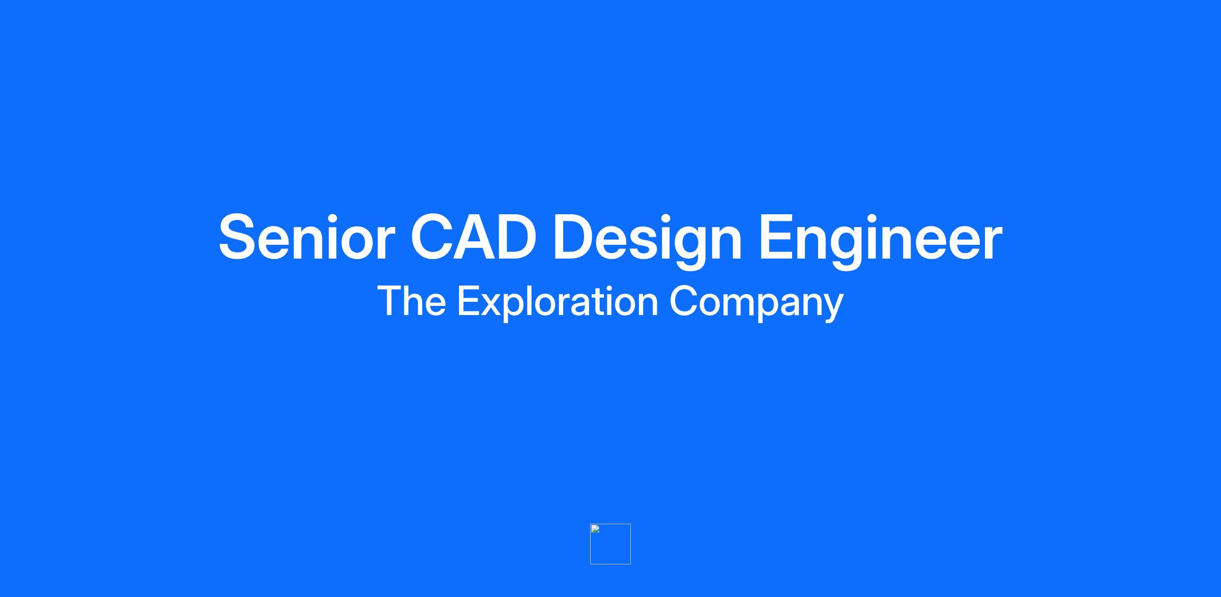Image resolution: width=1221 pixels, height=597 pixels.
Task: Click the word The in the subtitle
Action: [412, 301]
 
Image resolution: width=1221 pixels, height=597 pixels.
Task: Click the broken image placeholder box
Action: [610, 544]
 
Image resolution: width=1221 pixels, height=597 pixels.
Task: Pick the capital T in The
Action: [390, 301]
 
